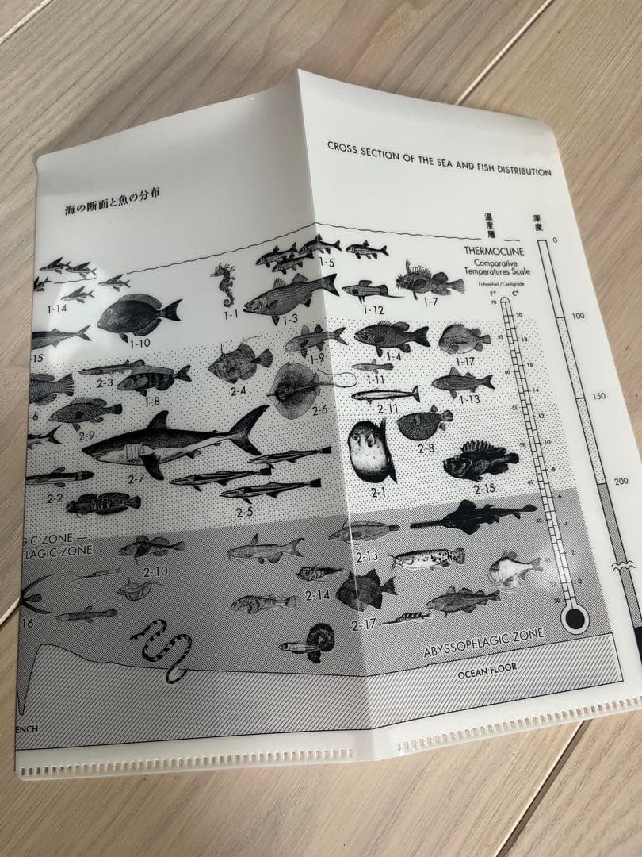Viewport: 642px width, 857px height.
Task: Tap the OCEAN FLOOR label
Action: (487, 670)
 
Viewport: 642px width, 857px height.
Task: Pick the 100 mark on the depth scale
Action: (577, 316)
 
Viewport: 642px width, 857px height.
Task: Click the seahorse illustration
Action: (224, 285)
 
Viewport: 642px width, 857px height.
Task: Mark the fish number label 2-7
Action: (136, 478)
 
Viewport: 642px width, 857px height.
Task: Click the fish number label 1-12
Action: (373, 309)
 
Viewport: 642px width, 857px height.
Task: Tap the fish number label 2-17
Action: (365, 624)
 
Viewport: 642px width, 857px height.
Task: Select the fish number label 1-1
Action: (231, 314)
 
